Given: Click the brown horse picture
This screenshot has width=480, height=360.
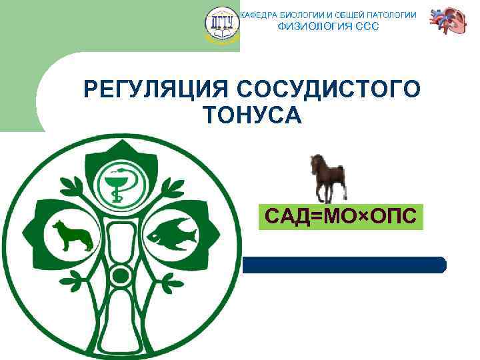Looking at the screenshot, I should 328,177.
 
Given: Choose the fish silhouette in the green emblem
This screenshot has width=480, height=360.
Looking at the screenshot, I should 171,233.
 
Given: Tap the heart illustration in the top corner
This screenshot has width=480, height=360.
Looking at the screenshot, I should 447,23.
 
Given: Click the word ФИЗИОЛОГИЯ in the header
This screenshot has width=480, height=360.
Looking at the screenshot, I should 307,27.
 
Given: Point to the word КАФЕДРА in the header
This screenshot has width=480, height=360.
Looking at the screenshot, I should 257,15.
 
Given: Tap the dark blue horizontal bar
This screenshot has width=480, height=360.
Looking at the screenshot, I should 343,265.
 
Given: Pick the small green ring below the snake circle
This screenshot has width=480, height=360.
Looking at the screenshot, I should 120,274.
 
